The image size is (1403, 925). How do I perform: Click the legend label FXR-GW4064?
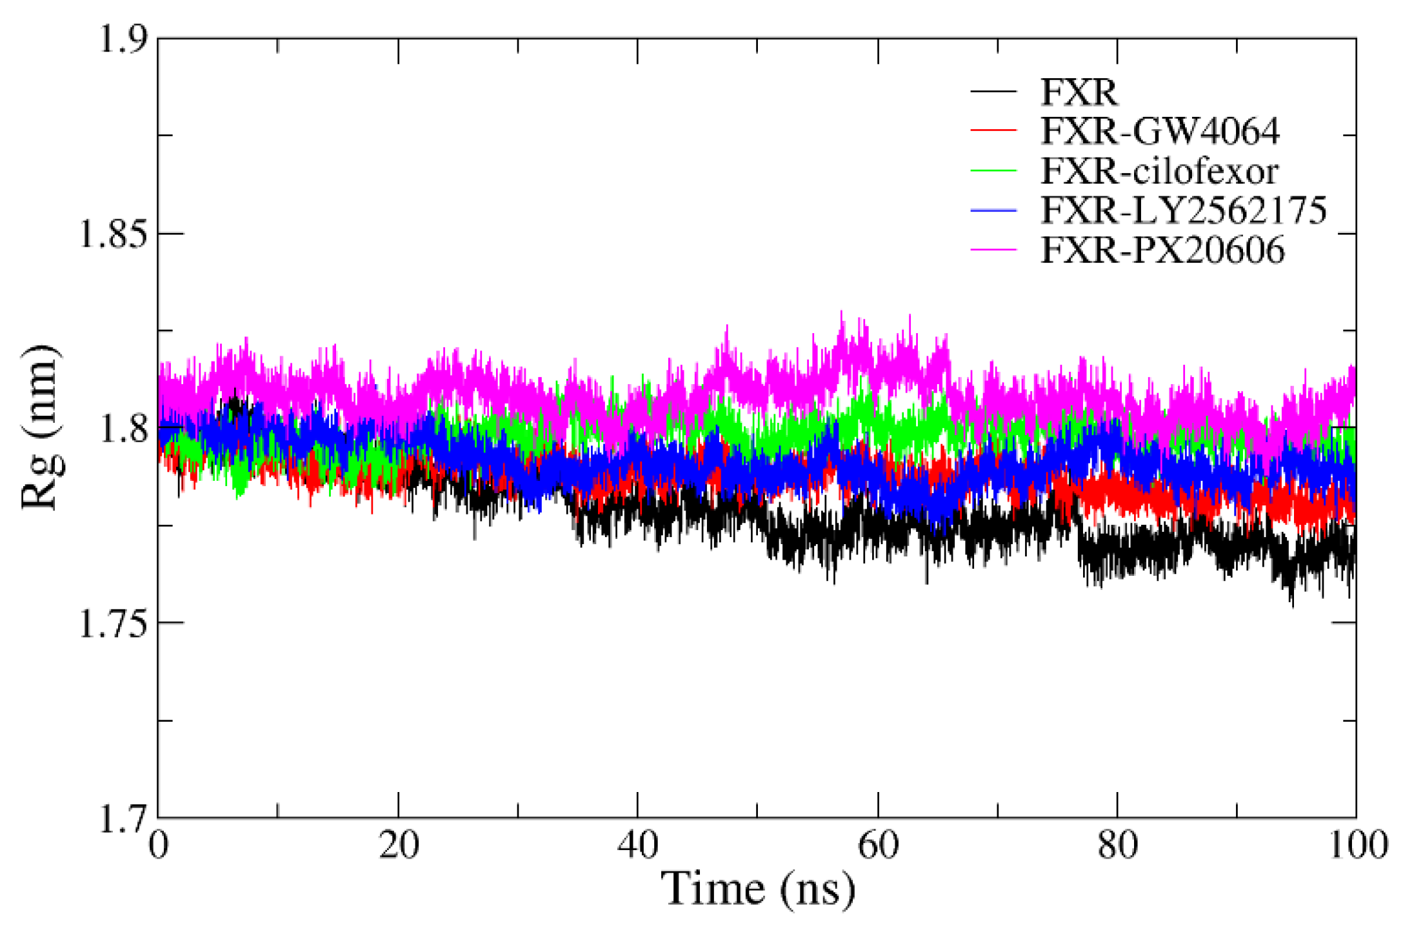pos(1159,131)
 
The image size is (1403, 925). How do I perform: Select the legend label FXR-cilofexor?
pos(1159,171)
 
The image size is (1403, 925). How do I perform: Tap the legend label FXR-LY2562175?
pos(1184,210)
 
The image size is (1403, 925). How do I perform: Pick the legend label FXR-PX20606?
pos(1162,250)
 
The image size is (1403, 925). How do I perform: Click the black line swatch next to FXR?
pos(993,92)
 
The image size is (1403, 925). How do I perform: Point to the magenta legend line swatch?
pos(993,250)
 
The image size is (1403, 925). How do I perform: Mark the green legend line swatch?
pos(993,171)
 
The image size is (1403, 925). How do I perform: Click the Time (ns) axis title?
pos(758,889)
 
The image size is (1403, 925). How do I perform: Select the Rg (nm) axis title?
pos(41,427)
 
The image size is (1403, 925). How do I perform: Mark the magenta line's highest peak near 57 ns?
pos(841,312)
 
